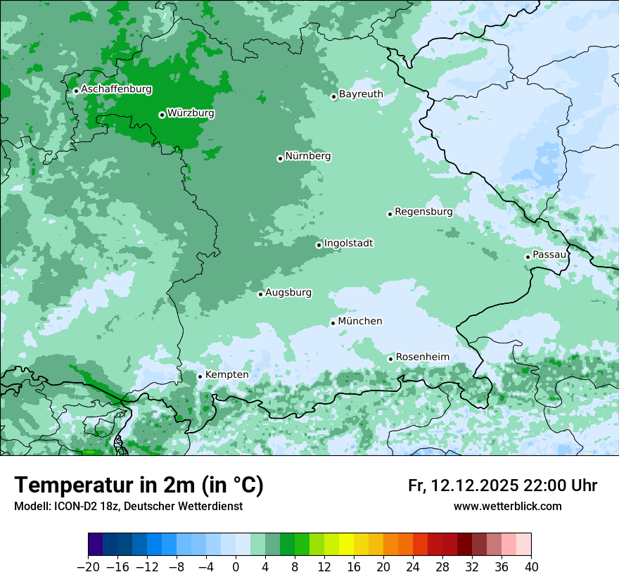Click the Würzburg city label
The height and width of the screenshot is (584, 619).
tap(191, 113)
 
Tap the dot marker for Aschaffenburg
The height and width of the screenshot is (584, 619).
tap(76, 91)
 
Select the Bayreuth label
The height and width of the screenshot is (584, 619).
tap(361, 94)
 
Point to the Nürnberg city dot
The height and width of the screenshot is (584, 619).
tap(280, 158)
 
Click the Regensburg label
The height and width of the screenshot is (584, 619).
tap(423, 211)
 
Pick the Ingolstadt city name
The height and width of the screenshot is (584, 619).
tap(348, 243)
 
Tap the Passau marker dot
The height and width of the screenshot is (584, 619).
tap(528, 257)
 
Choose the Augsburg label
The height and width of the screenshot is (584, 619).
tap(288, 292)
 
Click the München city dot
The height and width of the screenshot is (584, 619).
tap(333, 324)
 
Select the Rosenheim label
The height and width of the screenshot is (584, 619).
tap(422, 357)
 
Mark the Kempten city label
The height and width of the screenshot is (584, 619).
tap(226, 374)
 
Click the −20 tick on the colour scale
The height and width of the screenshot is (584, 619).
tap(89, 567)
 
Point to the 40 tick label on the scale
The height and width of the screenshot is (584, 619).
tap(531, 567)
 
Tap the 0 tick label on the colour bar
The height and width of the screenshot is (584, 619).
tap(236, 567)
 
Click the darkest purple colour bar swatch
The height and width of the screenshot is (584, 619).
tap(96, 545)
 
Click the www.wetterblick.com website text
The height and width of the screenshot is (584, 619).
tap(507, 506)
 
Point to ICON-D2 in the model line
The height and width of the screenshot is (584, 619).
tap(72, 506)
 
